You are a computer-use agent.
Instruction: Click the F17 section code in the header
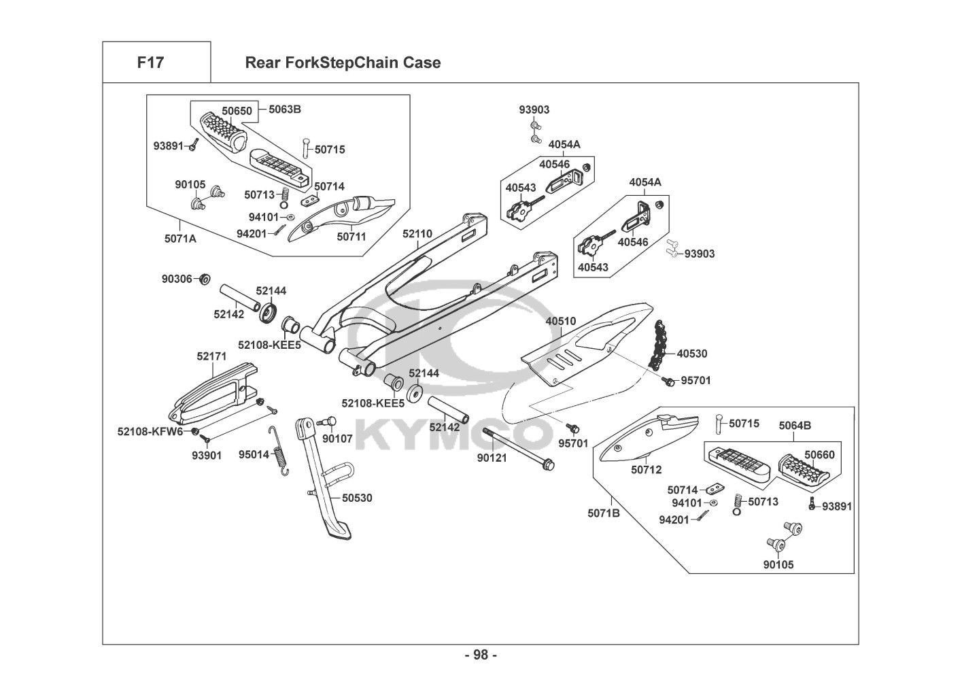(x=150, y=63)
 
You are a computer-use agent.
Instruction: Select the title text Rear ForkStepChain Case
(x=342, y=63)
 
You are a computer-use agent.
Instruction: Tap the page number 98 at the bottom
(x=481, y=655)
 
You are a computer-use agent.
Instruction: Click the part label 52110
(x=417, y=234)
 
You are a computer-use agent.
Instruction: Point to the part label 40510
(x=560, y=321)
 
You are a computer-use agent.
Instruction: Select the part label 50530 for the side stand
(x=357, y=498)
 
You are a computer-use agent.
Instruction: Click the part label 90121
(x=492, y=458)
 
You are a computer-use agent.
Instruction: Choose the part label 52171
(x=212, y=356)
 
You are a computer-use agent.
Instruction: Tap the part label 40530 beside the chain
(x=692, y=354)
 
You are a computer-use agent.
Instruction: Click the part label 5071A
(x=180, y=239)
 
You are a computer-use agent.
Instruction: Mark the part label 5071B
(x=604, y=513)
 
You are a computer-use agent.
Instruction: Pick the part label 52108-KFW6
(x=150, y=431)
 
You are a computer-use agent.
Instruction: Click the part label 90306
(x=176, y=278)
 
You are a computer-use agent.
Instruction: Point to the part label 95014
(x=254, y=454)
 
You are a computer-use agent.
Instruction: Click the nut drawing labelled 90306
(x=204, y=279)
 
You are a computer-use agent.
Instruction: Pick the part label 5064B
(x=795, y=426)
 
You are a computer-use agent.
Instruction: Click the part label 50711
(x=351, y=237)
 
